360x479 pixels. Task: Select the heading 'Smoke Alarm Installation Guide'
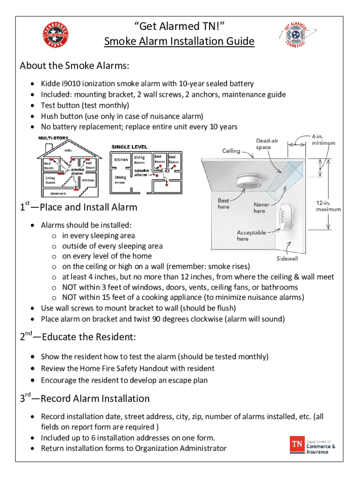[179, 42]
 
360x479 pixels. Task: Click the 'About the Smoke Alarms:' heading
[75, 65]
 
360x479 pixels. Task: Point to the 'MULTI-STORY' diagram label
[53, 138]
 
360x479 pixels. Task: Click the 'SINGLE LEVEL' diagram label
[129, 147]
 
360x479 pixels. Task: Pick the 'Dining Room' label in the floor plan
[120, 180]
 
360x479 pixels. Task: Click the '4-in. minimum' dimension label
[324, 139]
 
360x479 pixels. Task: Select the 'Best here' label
[223, 203]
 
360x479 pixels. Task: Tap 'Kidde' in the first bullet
[50, 84]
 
